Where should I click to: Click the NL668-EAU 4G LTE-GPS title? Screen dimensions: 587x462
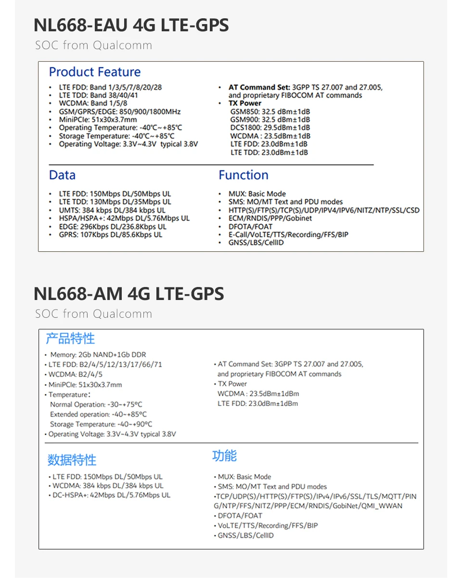coord(131,25)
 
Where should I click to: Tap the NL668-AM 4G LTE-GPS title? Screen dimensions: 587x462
coord(128,293)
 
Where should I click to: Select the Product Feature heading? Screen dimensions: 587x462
coord(95,72)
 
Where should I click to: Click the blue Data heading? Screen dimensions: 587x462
coord(62,175)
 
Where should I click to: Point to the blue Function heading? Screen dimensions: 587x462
coord(243,175)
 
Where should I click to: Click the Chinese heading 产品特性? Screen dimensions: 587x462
coord(70,339)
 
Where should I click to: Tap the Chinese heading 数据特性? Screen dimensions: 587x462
coord(72,460)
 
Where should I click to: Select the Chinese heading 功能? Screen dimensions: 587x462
coord(224,456)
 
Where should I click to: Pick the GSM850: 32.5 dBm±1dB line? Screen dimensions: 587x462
coord(270,112)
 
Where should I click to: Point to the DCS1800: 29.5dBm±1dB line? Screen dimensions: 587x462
coord(270,128)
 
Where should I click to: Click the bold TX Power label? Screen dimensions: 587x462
coord(245,104)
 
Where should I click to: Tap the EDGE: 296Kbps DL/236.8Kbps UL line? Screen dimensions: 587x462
coord(113,226)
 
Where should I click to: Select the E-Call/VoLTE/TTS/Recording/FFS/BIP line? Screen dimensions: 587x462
coord(288,235)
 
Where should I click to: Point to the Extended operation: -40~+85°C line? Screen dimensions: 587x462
coord(98,414)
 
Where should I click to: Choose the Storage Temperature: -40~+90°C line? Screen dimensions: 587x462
coord(101,424)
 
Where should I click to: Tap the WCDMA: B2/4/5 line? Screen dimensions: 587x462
coord(75,374)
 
